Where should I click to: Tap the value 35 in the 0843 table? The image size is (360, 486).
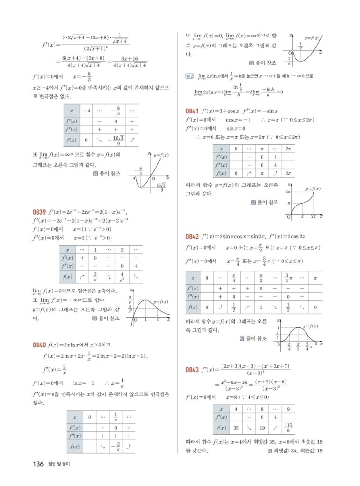236,428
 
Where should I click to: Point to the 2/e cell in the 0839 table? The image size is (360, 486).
95,276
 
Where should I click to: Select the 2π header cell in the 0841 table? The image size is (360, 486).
287,149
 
